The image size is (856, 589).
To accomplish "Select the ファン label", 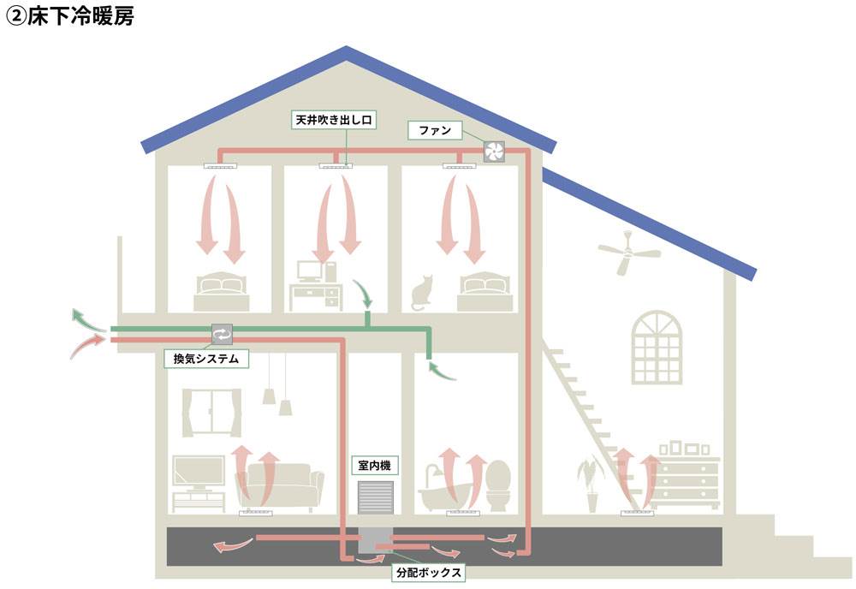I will point(435,131).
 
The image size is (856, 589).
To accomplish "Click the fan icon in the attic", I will point(496,152).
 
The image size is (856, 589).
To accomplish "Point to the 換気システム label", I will point(205,359).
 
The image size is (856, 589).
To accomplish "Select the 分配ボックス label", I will point(428,572).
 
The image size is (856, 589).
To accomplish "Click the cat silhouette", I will point(421,294).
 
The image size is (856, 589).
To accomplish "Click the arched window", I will point(657,347).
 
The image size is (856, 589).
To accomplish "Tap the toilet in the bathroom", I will point(497,486).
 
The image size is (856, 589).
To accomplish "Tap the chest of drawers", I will point(689,481).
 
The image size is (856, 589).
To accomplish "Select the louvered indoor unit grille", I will point(375,499).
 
